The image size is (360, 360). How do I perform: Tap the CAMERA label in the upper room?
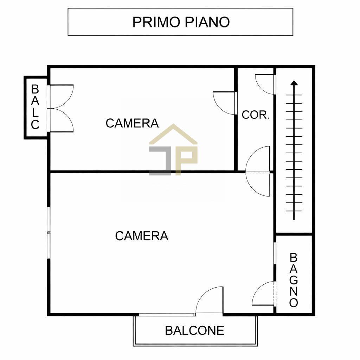[x=132, y=123]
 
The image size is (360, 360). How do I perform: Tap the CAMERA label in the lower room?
[x=142, y=236]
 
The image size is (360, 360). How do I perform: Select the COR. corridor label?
[x=256, y=115]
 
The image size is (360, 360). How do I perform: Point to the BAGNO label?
[x=294, y=280]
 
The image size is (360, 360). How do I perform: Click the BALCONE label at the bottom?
[x=194, y=330]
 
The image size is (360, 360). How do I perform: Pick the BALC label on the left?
[x=35, y=107]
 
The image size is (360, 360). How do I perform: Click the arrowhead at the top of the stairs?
[x=294, y=83]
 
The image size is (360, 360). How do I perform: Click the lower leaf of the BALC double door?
[x=62, y=120]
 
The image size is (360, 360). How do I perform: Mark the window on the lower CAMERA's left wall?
[x=49, y=232]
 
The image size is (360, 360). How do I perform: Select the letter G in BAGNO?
[x=294, y=280]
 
